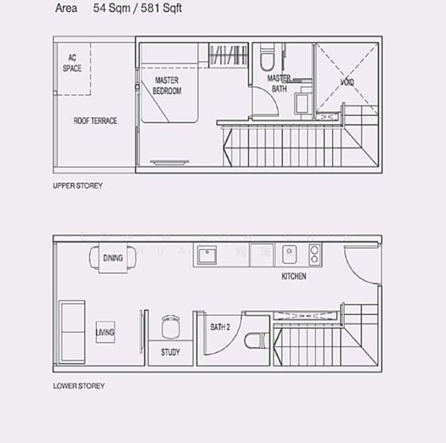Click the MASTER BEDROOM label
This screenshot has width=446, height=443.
(x=167, y=86)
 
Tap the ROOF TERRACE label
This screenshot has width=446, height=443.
(x=95, y=121)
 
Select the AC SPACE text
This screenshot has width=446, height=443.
(x=72, y=63)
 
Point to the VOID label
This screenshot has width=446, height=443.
(x=346, y=82)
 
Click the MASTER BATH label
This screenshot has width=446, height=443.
(x=278, y=83)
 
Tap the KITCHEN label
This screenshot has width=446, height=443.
(x=294, y=277)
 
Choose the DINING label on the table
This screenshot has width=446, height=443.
(x=113, y=258)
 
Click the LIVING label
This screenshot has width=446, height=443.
(x=105, y=333)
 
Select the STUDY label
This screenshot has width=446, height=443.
(x=170, y=352)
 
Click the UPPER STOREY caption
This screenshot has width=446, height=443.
(x=78, y=186)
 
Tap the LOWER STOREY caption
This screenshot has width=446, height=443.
(x=79, y=386)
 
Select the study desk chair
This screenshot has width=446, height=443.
(x=171, y=326)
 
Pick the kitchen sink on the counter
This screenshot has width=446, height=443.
(x=290, y=254)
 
